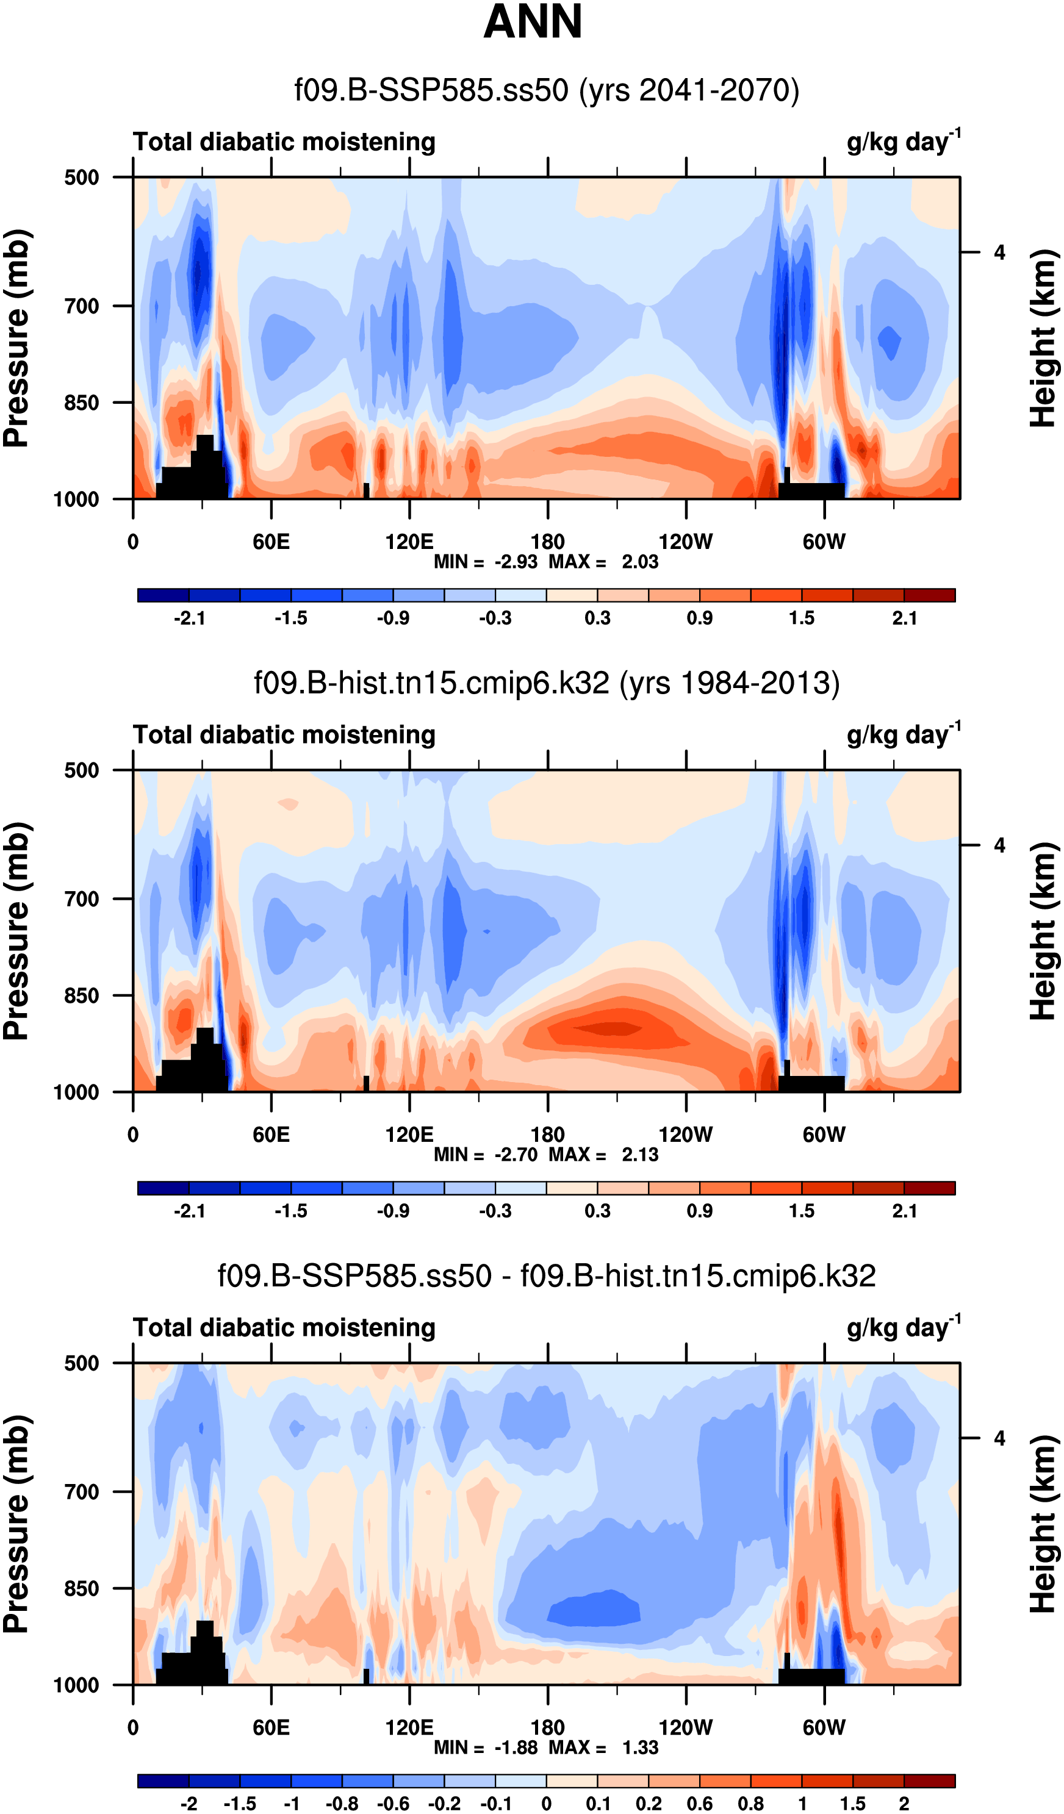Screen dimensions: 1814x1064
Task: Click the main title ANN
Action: coord(532,21)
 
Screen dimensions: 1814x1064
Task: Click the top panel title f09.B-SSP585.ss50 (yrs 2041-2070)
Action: coord(547,91)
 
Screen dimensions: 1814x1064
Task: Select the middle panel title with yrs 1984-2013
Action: coord(547,683)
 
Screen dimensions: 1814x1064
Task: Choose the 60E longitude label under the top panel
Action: coord(271,542)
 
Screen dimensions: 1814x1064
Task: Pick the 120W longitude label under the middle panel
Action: coord(685,1135)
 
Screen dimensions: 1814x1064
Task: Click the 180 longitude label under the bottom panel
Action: coord(547,1727)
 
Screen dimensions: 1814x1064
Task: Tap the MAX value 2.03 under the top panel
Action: coord(640,562)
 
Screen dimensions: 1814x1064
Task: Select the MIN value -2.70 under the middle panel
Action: coord(516,1155)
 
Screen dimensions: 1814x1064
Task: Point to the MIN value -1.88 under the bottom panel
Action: coord(516,1748)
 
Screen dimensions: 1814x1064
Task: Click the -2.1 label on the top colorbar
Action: coord(189,618)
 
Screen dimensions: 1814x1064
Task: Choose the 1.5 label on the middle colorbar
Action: coord(801,1211)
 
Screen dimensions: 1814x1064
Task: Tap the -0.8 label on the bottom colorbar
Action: coord(342,1804)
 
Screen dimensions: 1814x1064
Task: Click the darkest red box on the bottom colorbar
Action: coord(929,1782)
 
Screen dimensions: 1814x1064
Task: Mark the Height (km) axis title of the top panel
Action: coord(1043,339)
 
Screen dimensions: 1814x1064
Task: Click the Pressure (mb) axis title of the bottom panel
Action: coord(16,1525)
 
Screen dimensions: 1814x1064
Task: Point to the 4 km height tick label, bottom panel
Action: coord(999,1439)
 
